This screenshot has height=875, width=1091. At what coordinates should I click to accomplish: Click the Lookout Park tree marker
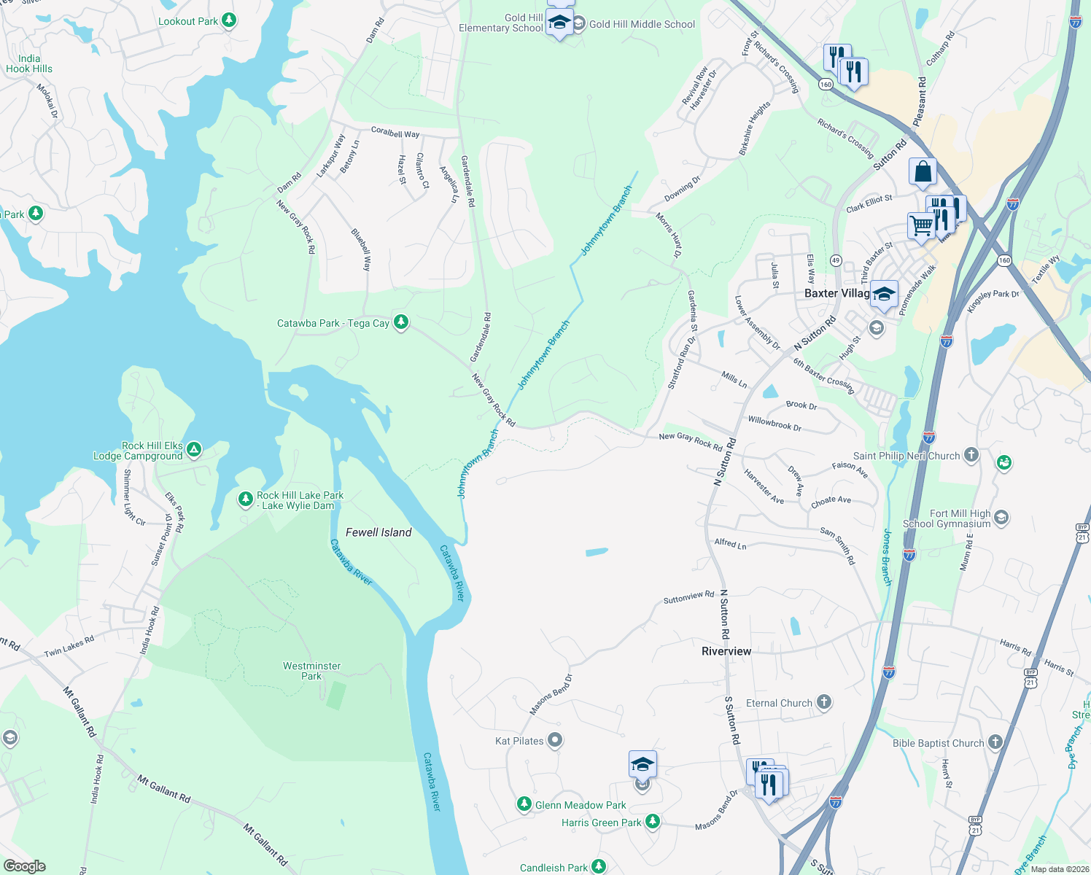click(x=229, y=20)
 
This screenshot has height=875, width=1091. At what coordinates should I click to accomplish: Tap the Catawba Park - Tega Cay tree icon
click(x=400, y=322)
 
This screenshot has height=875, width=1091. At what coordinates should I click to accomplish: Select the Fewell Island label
click(x=378, y=532)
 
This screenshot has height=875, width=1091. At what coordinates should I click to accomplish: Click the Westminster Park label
click(x=311, y=671)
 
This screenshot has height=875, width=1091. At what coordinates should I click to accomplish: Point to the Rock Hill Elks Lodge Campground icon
click(x=194, y=449)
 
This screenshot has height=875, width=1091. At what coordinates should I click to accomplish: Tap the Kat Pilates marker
click(x=555, y=740)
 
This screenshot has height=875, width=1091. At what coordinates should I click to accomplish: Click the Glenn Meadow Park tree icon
click(x=524, y=804)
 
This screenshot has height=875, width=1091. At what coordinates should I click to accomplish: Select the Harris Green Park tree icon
click(x=653, y=822)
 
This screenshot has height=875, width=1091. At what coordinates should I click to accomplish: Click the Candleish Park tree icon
click(x=599, y=866)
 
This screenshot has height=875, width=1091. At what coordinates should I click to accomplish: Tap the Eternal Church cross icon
click(x=823, y=702)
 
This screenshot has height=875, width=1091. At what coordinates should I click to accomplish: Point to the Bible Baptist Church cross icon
click(x=995, y=742)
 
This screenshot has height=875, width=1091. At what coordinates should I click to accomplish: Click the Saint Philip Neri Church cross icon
click(x=971, y=455)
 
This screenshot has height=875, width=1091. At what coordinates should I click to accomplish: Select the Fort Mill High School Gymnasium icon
click(x=1001, y=518)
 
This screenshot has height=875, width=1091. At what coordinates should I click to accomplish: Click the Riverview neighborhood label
click(x=726, y=651)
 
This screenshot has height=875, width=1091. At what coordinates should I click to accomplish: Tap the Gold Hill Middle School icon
click(x=578, y=24)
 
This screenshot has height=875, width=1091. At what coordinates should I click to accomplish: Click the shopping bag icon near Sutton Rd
click(x=923, y=172)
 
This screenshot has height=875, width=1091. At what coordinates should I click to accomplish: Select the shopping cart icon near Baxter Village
click(x=921, y=225)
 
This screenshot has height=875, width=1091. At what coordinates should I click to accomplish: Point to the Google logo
click(x=24, y=866)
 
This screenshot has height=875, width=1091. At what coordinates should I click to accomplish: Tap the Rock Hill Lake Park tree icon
click(x=246, y=499)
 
